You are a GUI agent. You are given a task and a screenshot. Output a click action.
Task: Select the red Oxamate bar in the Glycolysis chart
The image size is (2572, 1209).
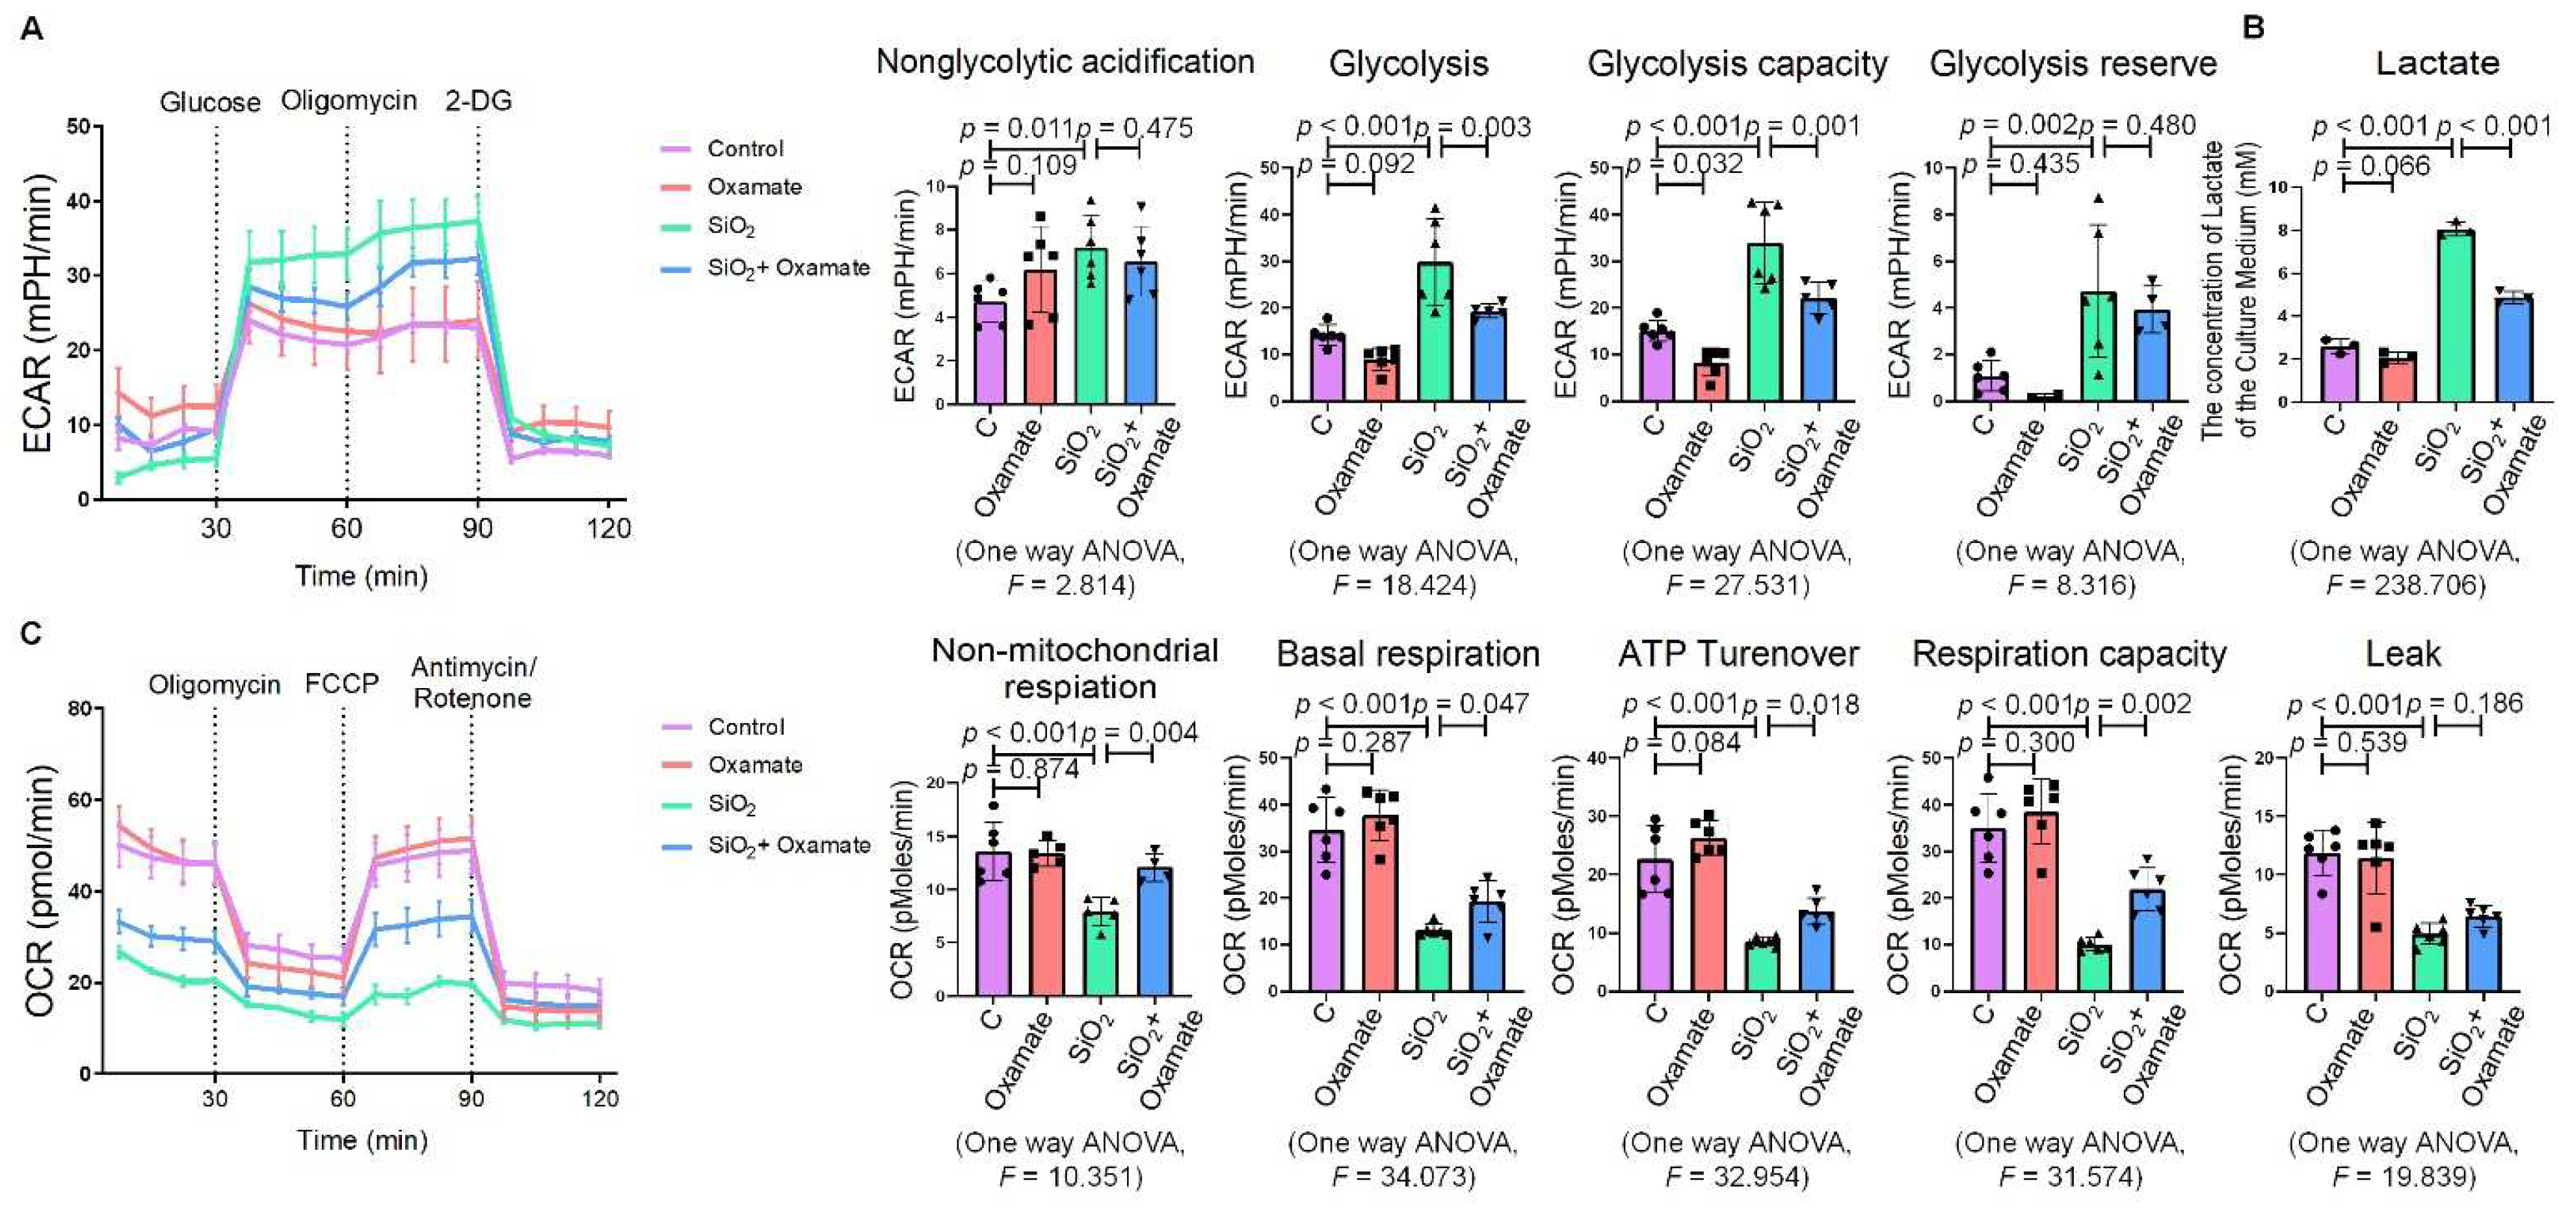[x=1381, y=379]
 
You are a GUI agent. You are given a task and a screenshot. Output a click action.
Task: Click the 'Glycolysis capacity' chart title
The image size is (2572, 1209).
[x=1736, y=64]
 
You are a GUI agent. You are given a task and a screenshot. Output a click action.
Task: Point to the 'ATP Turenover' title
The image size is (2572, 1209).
[x=1737, y=654]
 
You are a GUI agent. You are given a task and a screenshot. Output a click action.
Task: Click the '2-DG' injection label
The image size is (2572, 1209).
[x=478, y=101]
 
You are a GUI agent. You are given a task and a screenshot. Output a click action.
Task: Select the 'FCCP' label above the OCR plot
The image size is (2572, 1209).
[x=341, y=684]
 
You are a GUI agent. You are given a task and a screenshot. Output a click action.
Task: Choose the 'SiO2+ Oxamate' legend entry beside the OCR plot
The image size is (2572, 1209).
[x=789, y=845]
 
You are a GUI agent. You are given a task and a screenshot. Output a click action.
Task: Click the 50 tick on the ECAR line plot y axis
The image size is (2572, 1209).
[x=78, y=126]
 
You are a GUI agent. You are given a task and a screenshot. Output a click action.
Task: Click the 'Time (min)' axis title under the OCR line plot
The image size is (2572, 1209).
[x=362, y=1139]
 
